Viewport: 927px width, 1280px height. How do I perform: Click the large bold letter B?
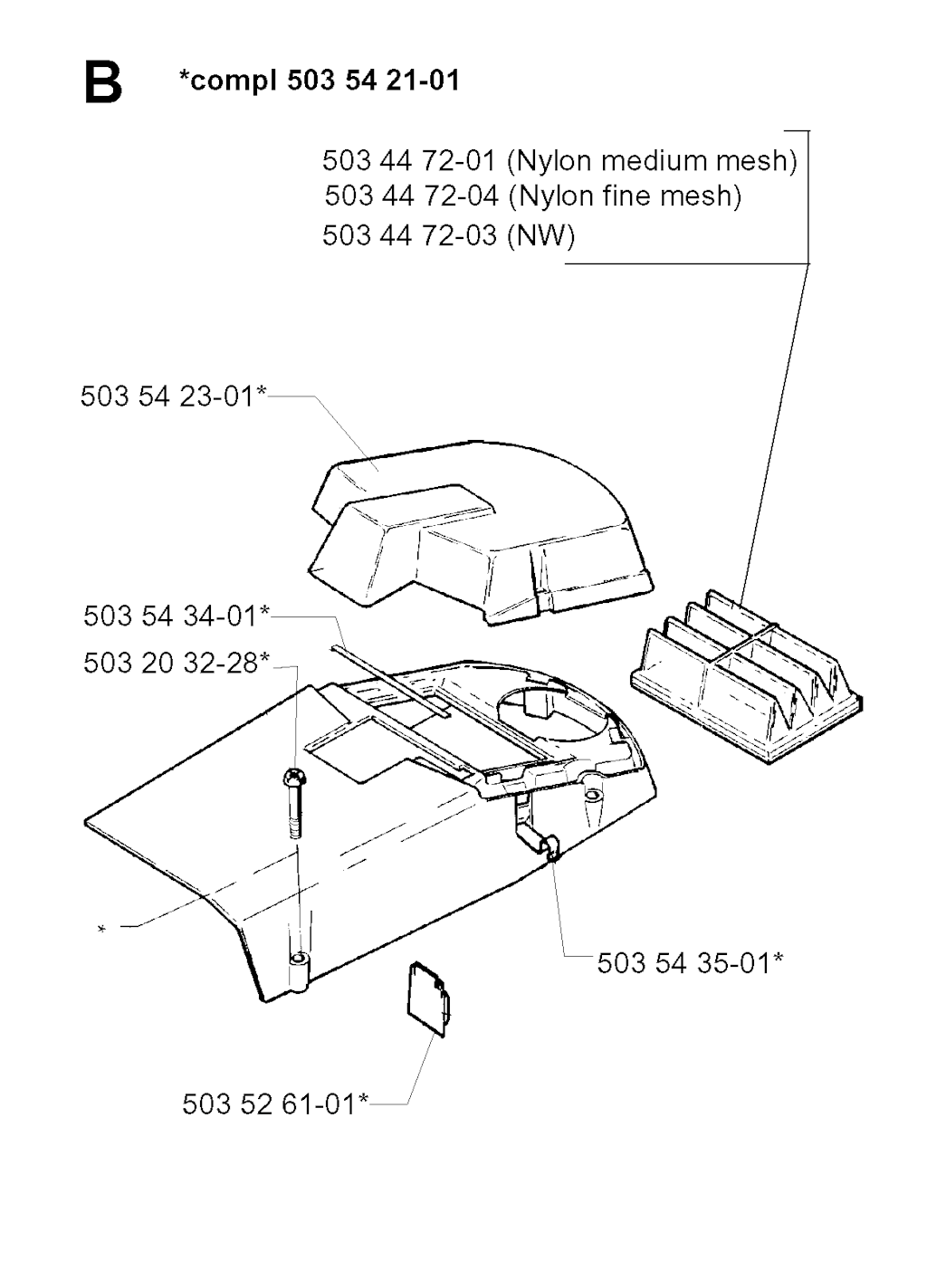(103, 83)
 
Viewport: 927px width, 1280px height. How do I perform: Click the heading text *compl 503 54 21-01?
(319, 80)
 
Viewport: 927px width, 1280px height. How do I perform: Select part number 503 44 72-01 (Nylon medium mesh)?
(559, 160)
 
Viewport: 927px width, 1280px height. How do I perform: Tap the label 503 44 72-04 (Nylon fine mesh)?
(532, 196)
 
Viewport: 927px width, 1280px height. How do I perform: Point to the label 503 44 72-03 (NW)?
(449, 234)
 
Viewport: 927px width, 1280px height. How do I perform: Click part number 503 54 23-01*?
(174, 396)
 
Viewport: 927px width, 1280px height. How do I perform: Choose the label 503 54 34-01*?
(176, 616)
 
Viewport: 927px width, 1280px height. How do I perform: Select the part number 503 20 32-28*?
(176, 663)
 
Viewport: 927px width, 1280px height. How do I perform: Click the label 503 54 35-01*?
(690, 963)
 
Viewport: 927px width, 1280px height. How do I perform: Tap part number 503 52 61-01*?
(275, 1104)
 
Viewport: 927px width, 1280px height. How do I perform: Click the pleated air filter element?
(747, 676)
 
